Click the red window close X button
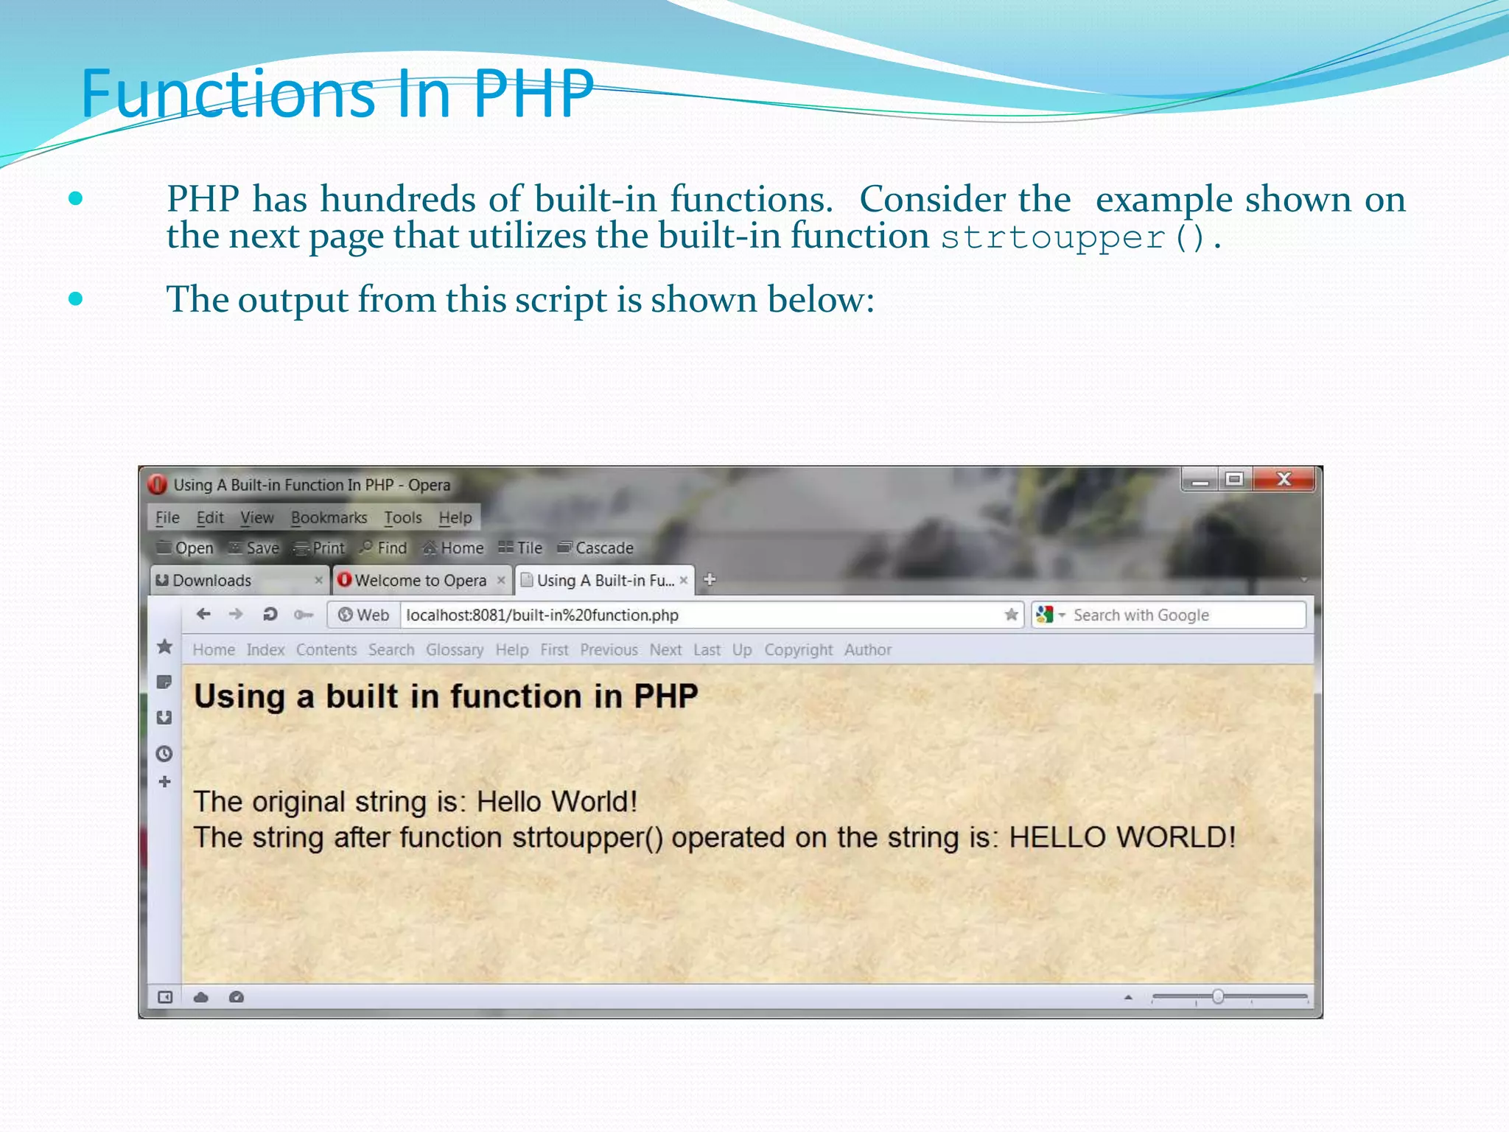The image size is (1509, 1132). click(x=1284, y=480)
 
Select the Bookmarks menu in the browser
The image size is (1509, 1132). click(x=329, y=518)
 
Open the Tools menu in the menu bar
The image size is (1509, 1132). click(x=402, y=518)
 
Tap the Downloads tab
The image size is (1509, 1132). click(x=212, y=581)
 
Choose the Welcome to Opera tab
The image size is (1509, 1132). click(x=420, y=581)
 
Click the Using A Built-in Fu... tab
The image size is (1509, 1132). click(x=604, y=581)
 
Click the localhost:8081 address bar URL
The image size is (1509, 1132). click(x=542, y=615)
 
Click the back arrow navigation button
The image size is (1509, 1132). click(x=203, y=614)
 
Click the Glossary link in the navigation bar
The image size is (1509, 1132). click(x=455, y=650)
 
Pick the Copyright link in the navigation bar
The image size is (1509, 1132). click(x=798, y=650)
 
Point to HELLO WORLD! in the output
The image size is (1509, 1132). click(x=1121, y=838)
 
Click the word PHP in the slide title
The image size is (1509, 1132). click(x=533, y=94)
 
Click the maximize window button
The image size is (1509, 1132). click(x=1234, y=480)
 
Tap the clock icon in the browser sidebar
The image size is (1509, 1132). click(x=164, y=754)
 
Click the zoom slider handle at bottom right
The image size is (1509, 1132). click(x=1218, y=997)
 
